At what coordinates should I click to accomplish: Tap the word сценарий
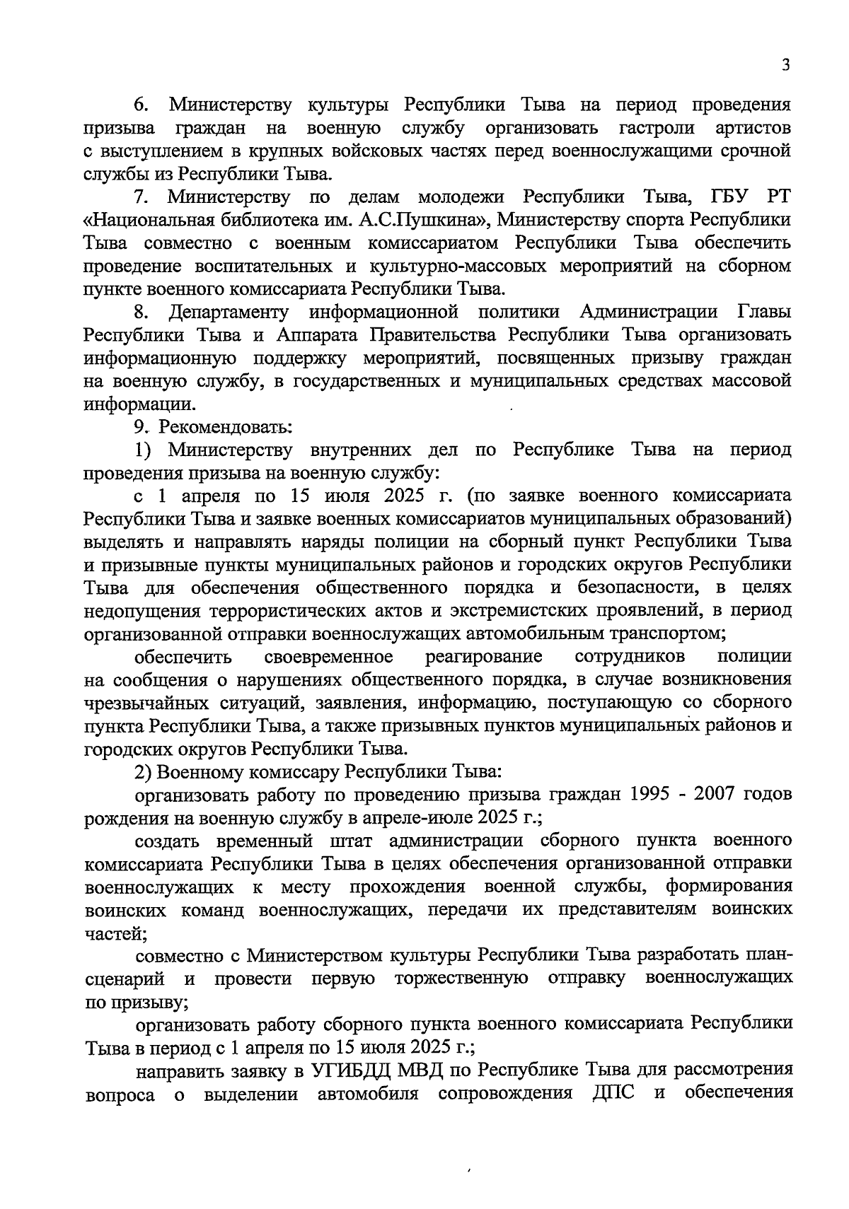[x=125, y=979]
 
